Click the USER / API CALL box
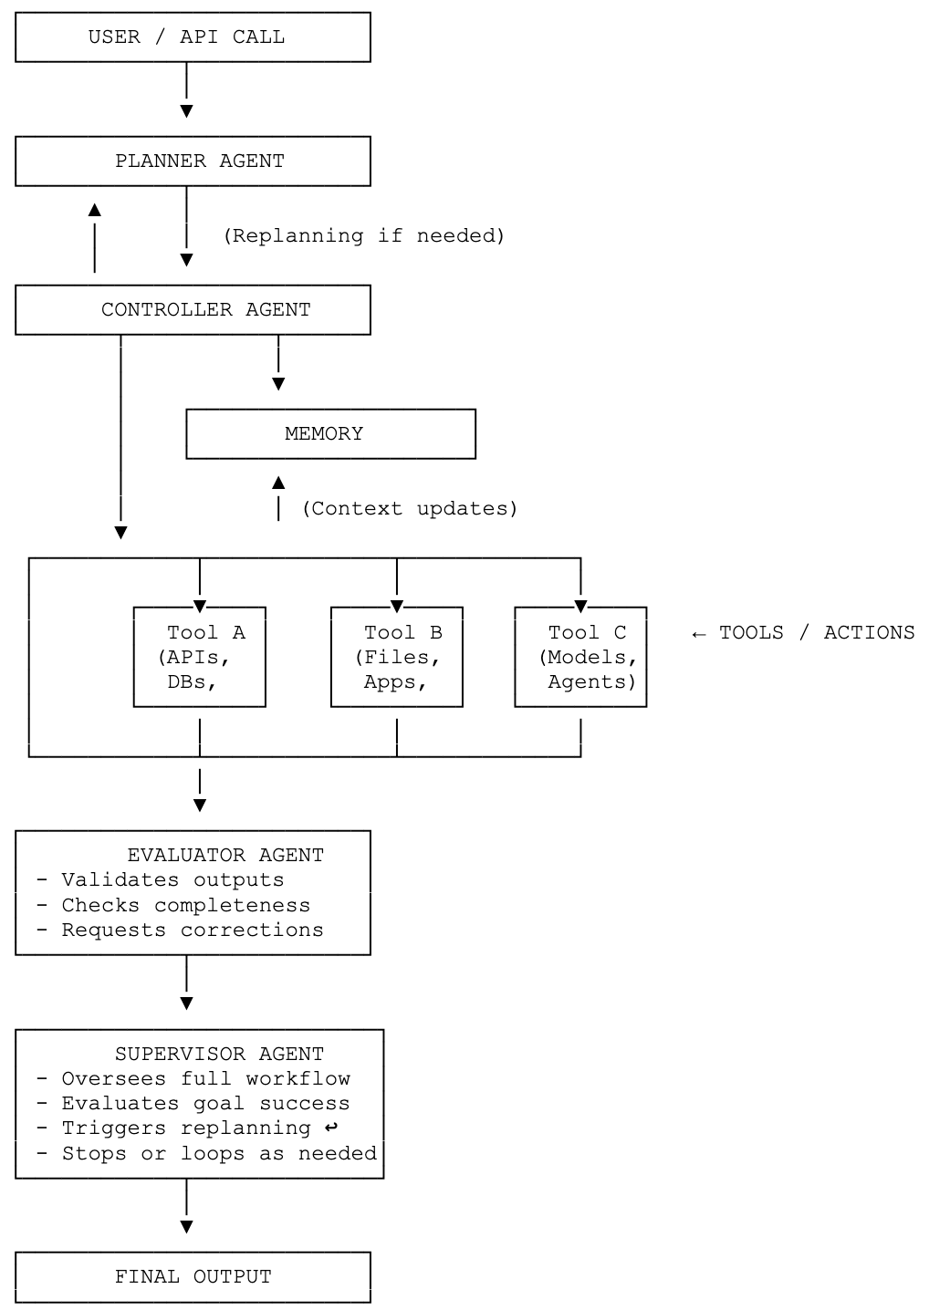tap(193, 37)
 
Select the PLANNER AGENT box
tap(193, 161)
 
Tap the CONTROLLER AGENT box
tap(193, 310)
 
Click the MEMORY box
tap(330, 434)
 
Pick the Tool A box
tap(199, 657)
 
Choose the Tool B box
tap(396, 657)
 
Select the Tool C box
tap(580, 657)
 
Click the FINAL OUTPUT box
tap(193, 1277)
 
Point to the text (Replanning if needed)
tap(364, 235)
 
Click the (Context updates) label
tap(410, 508)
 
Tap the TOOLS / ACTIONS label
tap(803, 633)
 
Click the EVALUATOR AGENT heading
tap(225, 855)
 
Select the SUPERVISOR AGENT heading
tap(219, 1054)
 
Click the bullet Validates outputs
tap(161, 880)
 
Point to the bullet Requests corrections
tap(180, 931)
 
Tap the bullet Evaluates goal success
tap(193, 1104)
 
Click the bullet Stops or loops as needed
tap(206, 1154)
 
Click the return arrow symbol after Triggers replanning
tap(331, 1128)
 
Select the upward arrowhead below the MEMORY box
tap(278, 482)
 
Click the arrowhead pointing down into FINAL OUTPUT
tap(186, 1227)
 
